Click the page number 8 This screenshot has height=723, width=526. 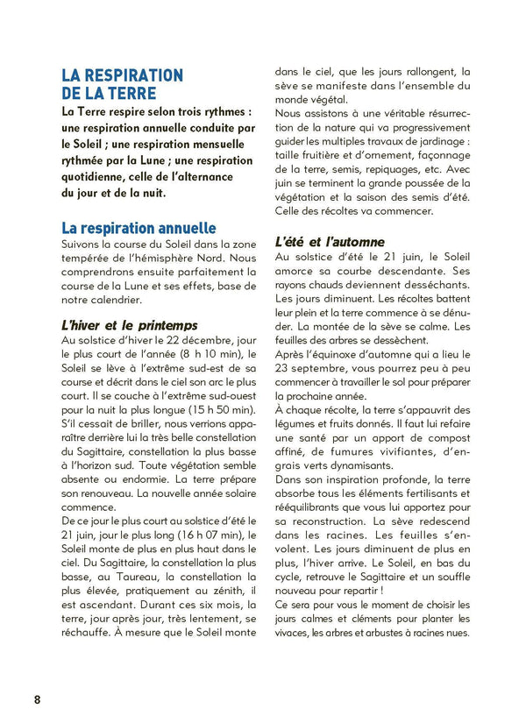coord(37,698)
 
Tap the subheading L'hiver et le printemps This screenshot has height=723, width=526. coord(130,324)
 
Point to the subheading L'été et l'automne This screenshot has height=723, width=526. coord(330,241)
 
